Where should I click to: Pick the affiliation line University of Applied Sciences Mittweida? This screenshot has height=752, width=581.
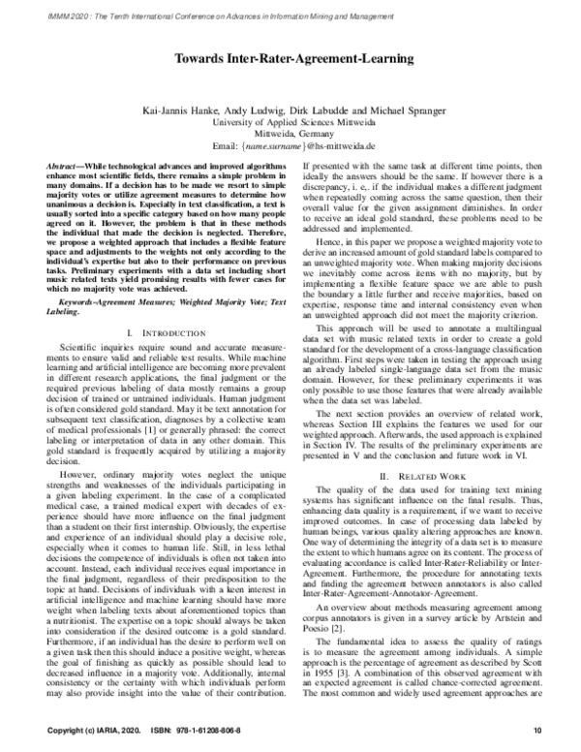click(292, 124)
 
